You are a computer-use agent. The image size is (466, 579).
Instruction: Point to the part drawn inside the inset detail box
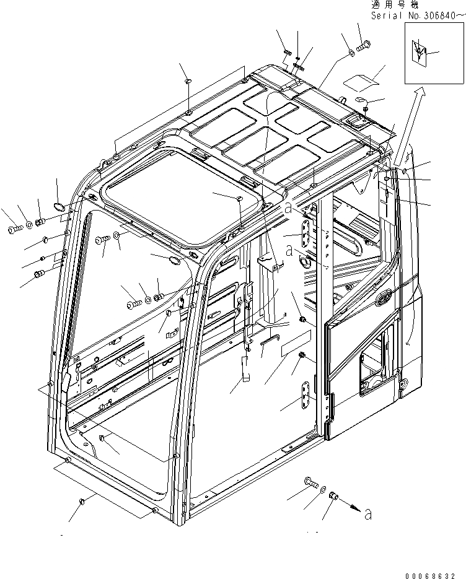(x=421, y=53)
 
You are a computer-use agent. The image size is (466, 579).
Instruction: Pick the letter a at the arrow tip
(x=369, y=513)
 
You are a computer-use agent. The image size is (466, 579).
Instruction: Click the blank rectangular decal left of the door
(x=295, y=345)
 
